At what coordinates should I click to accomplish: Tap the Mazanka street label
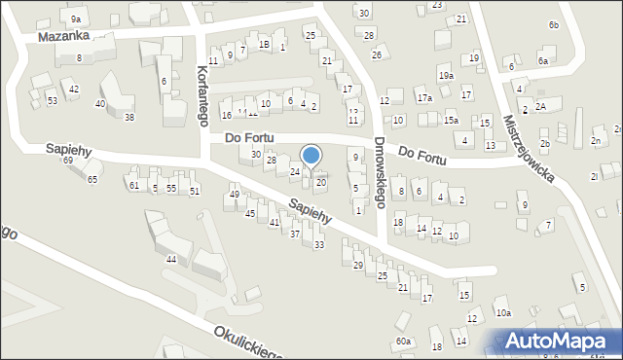(x=63, y=36)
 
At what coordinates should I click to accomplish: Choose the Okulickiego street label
(x=258, y=341)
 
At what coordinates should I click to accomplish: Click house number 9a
(x=76, y=19)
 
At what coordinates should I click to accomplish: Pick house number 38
(x=128, y=118)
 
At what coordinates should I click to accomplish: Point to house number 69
(x=68, y=160)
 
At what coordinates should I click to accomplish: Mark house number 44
(x=171, y=259)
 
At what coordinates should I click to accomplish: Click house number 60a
(x=404, y=342)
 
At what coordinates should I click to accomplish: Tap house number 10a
(x=502, y=312)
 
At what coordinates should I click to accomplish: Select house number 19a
(x=446, y=75)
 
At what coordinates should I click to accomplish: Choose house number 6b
(x=553, y=24)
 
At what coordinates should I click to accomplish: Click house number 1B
(x=264, y=45)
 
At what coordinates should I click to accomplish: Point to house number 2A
(x=541, y=105)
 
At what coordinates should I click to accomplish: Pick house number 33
(x=318, y=244)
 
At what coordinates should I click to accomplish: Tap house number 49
(x=234, y=195)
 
